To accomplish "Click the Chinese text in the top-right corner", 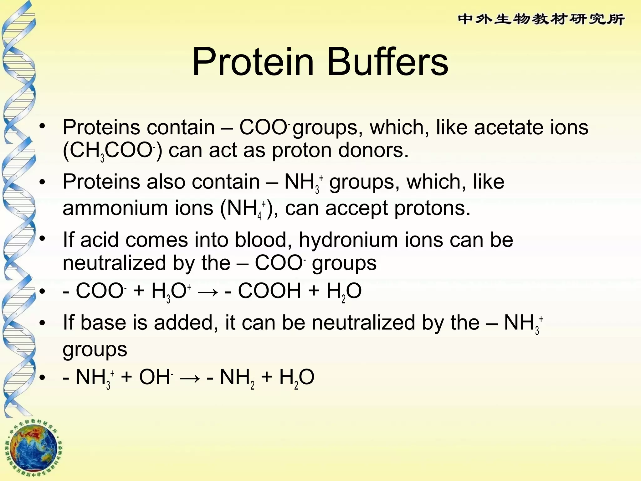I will coord(541,19).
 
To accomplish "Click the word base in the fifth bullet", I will coord(103,323).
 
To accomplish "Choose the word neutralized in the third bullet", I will coord(114,263).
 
